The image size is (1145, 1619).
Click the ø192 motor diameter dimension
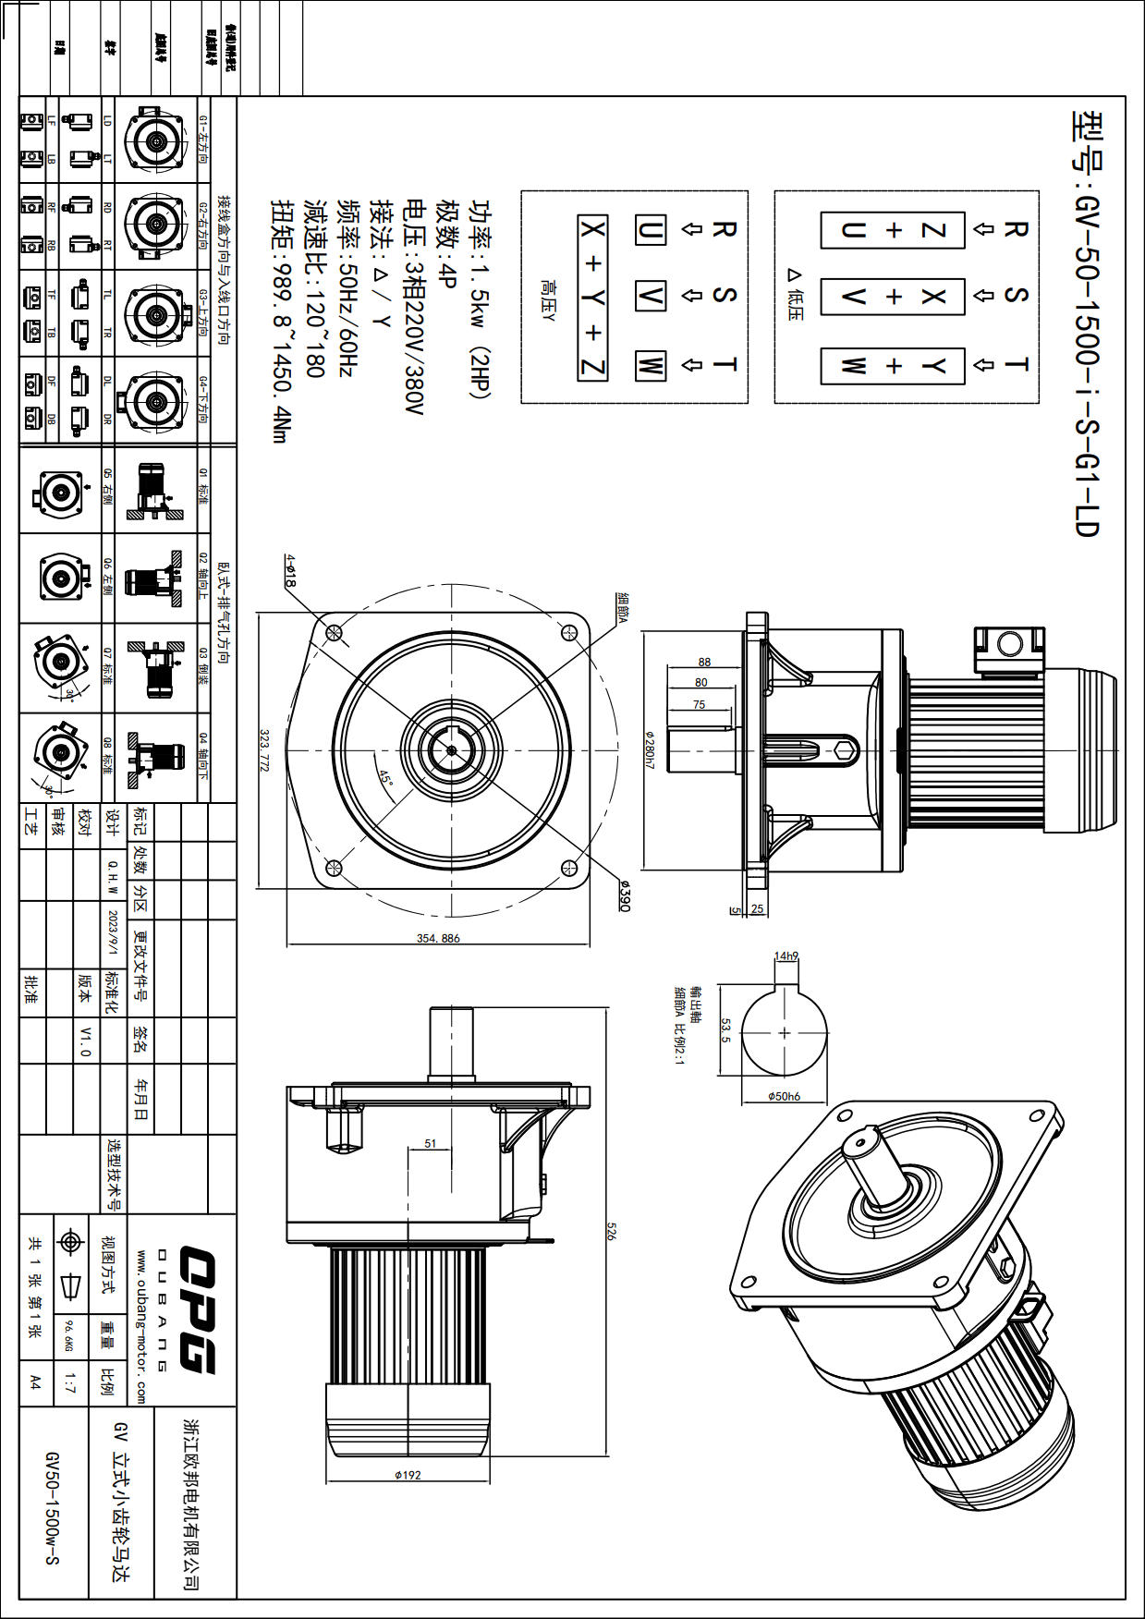point(408,1475)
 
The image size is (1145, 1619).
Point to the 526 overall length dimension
point(611,1230)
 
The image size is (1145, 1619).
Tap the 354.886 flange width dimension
point(438,938)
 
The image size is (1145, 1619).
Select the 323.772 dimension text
point(264,750)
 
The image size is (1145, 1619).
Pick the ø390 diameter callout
point(625,895)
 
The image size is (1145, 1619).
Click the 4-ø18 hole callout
point(290,571)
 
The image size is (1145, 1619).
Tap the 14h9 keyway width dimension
point(786,956)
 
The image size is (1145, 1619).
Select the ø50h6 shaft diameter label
point(784,1096)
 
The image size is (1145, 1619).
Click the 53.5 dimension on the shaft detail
point(725,1031)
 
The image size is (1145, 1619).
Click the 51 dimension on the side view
point(431,1143)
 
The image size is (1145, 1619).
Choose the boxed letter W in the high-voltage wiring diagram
point(650,365)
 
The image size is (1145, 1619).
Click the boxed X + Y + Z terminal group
point(592,298)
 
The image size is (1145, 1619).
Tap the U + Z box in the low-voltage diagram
point(893,230)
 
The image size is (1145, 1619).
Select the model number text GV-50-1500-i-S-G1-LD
point(1087,323)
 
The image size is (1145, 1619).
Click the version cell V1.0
point(85,1041)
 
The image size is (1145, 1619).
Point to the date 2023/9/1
point(113,934)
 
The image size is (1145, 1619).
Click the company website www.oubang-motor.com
point(141,1326)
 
